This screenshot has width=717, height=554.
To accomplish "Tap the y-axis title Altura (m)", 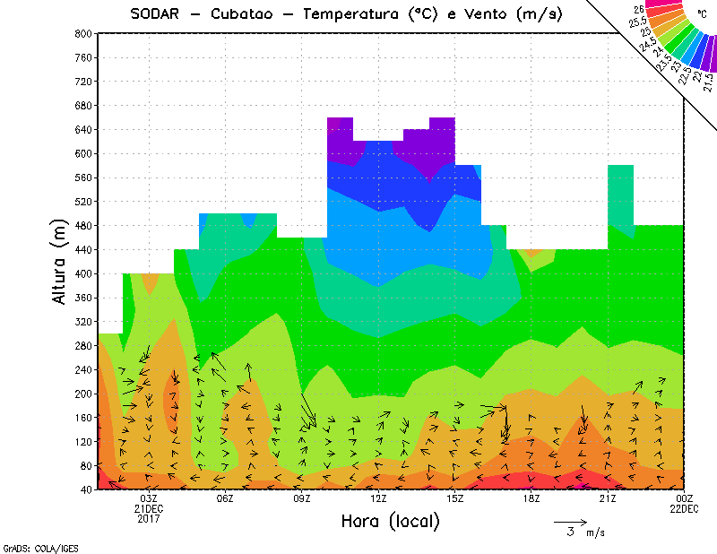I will [60, 262].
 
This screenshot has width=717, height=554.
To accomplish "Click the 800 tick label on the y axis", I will [82, 33].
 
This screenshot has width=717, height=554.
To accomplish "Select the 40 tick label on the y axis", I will [86, 489].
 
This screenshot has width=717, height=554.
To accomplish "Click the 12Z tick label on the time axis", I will [378, 498].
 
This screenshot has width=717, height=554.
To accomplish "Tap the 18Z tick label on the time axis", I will [531, 498].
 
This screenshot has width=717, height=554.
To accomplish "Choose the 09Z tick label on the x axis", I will [302, 498].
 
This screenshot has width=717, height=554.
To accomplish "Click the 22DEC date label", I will [684, 509].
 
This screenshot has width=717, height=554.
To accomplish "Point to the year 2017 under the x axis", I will [150, 519].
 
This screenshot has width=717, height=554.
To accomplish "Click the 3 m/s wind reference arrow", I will [569, 521].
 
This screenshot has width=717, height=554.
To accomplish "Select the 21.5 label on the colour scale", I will [708, 81].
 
